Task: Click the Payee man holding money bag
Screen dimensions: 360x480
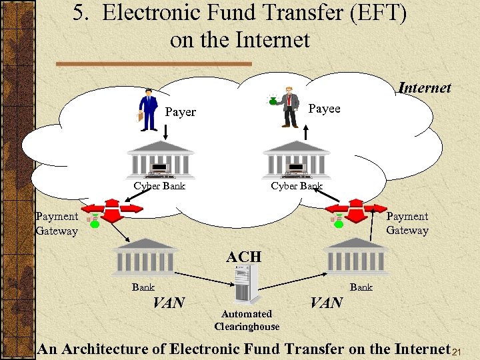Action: coord(289,107)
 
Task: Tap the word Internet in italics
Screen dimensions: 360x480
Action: coord(424,88)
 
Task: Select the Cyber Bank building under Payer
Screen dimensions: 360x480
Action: coord(160,160)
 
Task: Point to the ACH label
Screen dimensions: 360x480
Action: coord(243,257)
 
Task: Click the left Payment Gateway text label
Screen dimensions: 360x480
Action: coord(57,223)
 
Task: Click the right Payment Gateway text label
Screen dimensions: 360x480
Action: coord(407,223)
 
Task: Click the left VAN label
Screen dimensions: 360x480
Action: coord(169,303)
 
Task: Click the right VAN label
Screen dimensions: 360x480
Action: coord(327,303)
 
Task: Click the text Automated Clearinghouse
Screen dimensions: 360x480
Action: coord(247,320)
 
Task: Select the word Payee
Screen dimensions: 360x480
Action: coord(325,109)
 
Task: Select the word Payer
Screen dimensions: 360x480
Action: coord(180,112)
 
